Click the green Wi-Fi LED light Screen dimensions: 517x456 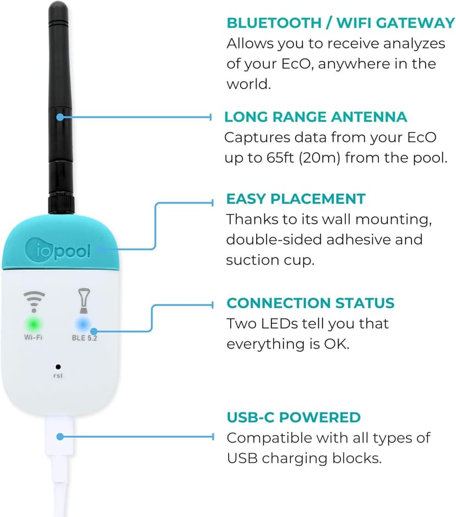click(33, 323)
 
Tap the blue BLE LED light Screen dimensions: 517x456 click(84, 323)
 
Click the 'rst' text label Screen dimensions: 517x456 click(58, 376)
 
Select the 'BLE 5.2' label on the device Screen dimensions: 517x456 click(85, 338)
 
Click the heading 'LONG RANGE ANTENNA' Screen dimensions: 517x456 click(316, 117)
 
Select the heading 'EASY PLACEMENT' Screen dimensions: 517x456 click(296, 199)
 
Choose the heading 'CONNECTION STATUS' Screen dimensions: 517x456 click(310, 303)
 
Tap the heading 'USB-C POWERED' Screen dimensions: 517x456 click(294, 417)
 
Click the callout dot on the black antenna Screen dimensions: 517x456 click(61, 117)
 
